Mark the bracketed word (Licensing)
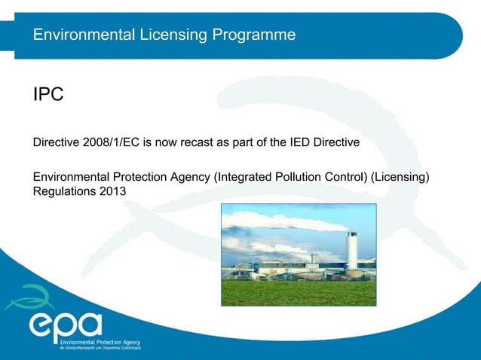coord(407,177)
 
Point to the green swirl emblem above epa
coord(26,297)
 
